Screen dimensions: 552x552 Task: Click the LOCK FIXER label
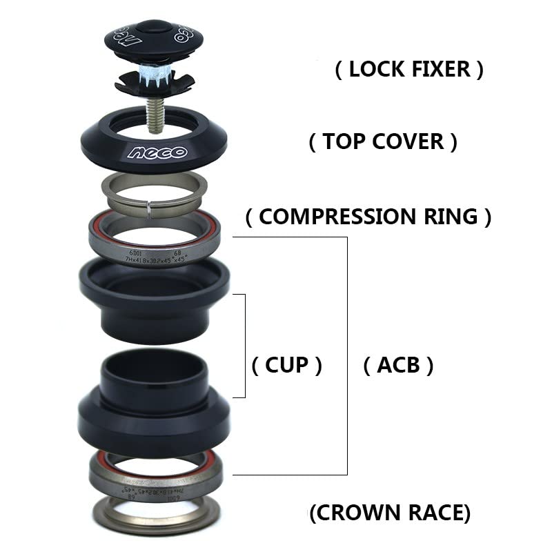(409, 70)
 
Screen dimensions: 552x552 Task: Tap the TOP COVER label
(382, 142)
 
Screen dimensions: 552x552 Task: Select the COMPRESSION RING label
(368, 217)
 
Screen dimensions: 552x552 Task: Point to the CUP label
(287, 365)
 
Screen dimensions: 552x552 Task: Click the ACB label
(398, 365)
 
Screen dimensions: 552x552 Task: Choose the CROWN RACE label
(390, 513)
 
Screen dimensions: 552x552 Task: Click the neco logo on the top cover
(155, 152)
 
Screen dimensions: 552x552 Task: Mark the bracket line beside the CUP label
(245, 345)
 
